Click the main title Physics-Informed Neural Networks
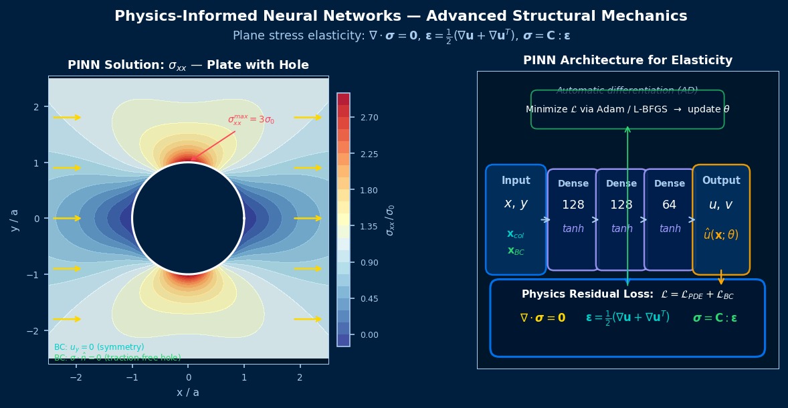401,16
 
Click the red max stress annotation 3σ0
251,120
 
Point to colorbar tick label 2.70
369,118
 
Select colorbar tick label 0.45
369,299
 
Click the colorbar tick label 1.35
369,227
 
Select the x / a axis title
188,393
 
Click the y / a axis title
15,219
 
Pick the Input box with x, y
516,219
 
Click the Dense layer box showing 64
670,219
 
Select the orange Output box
721,219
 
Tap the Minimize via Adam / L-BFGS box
627,109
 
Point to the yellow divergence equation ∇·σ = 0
543,318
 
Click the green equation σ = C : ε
714,318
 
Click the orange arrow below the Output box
721,277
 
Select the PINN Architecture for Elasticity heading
627,61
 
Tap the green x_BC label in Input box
516,251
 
